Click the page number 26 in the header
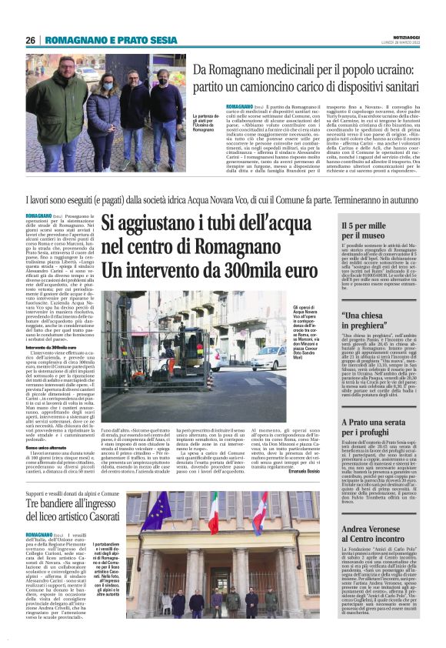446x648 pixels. (x=30, y=40)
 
